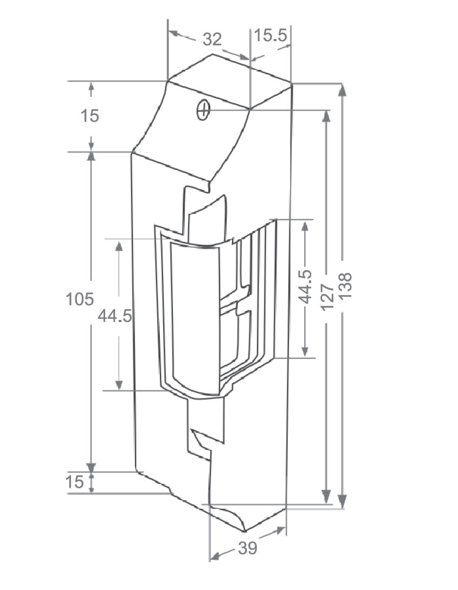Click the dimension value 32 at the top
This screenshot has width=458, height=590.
pyautogui.click(x=212, y=39)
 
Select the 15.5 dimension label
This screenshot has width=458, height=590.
pyautogui.click(x=270, y=36)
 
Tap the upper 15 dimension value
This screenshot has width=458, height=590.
pyautogui.click(x=90, y=116)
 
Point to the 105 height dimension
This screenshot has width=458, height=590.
pyautogui.click(x=80, y=299)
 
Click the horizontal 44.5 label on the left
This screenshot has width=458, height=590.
pyautogui.click(x=114, y=316)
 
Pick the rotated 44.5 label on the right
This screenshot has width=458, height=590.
pyautogui.click(x=305, y=286)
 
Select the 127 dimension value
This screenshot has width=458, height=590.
pyautogui.click(x=326, y=296)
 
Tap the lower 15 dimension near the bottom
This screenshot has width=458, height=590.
pyautogui.click(x=75, y=482)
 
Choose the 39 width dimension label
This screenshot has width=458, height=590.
pyautogui.click(x=247, y=548)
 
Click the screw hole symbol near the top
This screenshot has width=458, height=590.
pyautogui.click(x=203, y=110)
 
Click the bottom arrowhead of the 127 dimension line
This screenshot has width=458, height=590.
pyautogui.click(x=326, y=496)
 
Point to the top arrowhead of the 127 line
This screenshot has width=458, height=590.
pyautogui.click(x=326, y=117)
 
